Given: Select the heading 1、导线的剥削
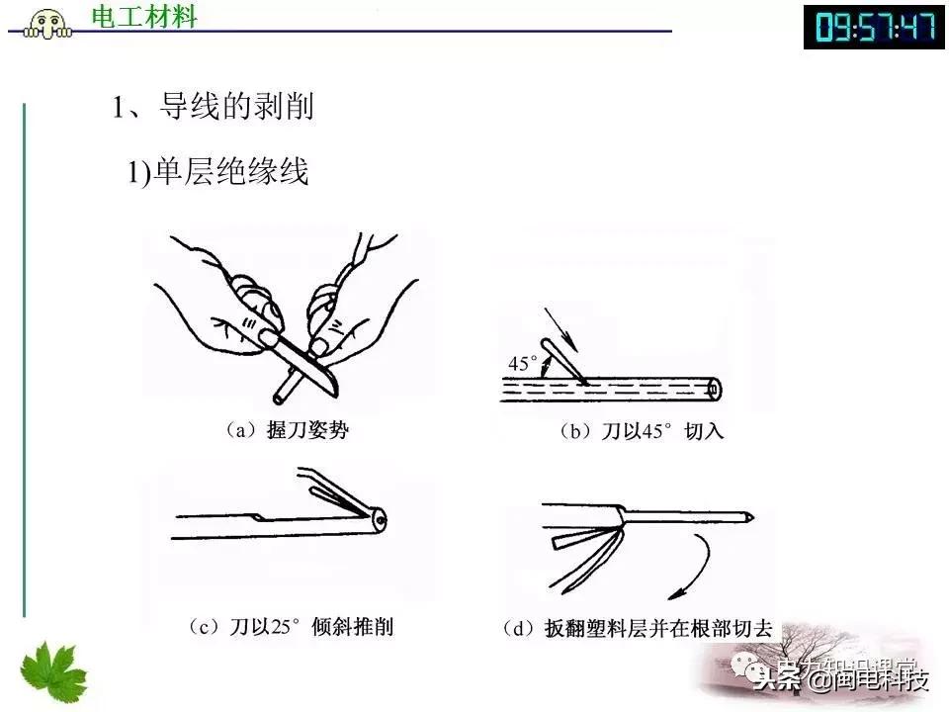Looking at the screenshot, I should pyautogui.click(x=213, y=106).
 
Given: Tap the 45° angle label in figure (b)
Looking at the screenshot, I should pyautogui.click(x=522, y=364).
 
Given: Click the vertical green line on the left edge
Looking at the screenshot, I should pyautogui.click(x=23, y=356).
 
